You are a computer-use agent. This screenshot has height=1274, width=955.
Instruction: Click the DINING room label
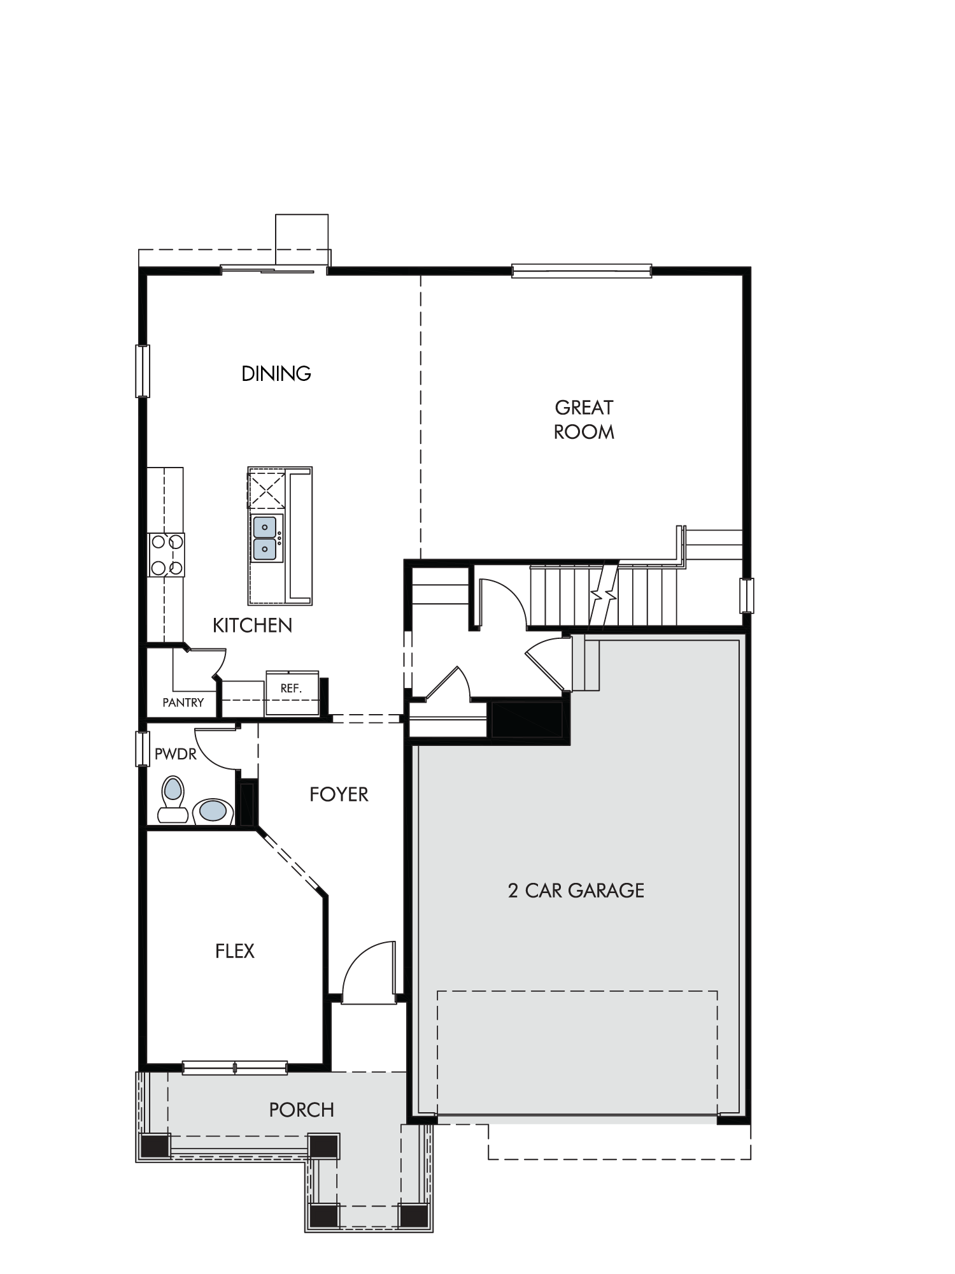pyautogui.click(x=276, y=373)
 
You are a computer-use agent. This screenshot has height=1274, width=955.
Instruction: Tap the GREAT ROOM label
pyautogui.click(x=584, y=420)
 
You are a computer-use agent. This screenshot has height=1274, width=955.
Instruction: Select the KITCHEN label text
pyautogui.click(x=252, y=626)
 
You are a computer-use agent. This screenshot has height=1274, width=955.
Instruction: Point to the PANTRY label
pyautogui.click(x=183, y=703)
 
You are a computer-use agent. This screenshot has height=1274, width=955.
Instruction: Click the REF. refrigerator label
pyautogui.click(x=291, y=689)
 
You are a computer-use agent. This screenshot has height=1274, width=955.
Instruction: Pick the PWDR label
pyautogui.click(x=176, y=755)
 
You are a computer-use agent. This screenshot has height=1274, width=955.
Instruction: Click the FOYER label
pyautogui.click(x=339, y=794)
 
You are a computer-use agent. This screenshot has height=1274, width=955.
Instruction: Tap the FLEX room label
pyautogui.click(x=235, y=951)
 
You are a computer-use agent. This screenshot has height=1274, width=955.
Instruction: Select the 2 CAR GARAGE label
pyautogui.click(x=576, y=890)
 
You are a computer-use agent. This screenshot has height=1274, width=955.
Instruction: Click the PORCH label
pyautogui.click(x=302, y=1110)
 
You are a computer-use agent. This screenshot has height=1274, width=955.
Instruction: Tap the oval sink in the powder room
pyautogui.click(x=213, y=812)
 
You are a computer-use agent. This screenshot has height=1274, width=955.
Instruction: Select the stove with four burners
pyautogui.click(x=166, y=555)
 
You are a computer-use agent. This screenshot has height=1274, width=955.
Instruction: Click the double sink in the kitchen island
pyautogui.click(x=265, y=538)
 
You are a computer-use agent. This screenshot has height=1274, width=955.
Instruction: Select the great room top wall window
pyautogui.click(x=582, y=271)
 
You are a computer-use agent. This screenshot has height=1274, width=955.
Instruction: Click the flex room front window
pyautogui.click(x=235, y=1068)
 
